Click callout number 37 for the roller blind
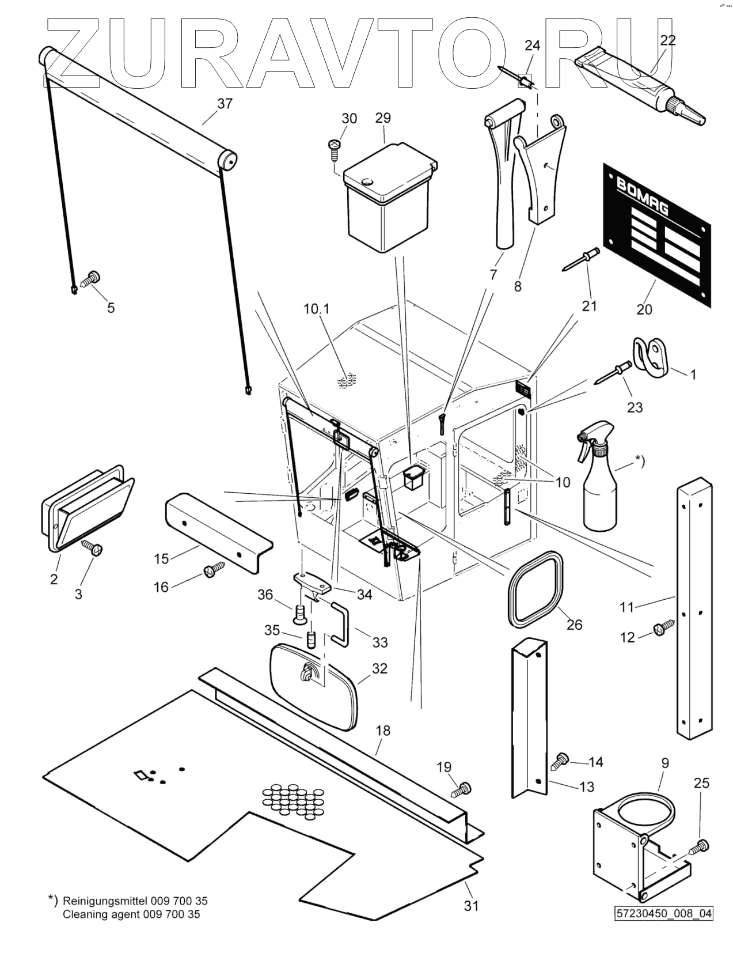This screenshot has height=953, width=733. coord(225,104)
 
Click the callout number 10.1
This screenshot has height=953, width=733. coord(316,309)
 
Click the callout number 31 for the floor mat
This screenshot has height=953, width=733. coord(471,906)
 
